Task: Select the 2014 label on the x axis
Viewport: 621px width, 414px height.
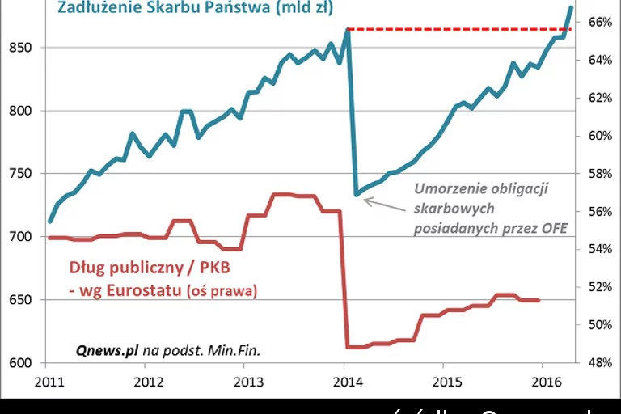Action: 345,381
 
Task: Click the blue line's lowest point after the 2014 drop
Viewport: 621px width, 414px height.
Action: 357,194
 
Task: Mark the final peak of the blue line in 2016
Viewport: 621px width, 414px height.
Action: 571,7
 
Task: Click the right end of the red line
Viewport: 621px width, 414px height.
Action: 539,300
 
